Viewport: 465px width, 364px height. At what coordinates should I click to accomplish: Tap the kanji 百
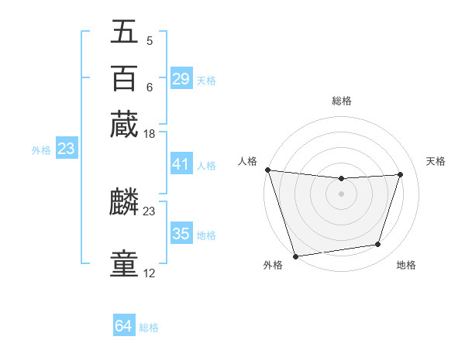[x=124, y=79]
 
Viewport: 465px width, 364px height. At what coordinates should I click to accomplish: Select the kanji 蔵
[x=124, y=124]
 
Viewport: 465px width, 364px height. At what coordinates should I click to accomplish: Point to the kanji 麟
[x=124, y=203]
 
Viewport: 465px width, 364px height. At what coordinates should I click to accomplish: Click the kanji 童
[x=124, y=264]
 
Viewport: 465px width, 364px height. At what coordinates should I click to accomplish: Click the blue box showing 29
[x=181, y=79]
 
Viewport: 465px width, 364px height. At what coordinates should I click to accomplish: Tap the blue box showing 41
[x=181, y=164]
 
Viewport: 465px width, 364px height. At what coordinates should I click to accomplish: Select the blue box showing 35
[x=181, y=234]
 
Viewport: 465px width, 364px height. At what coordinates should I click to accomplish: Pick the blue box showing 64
[x=124, y=326]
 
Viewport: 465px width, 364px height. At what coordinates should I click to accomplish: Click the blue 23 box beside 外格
[x=66, y=149]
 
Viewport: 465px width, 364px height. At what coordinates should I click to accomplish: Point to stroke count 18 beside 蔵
[x=150, y=135]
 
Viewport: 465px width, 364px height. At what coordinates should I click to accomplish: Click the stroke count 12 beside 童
[x=150, y=273]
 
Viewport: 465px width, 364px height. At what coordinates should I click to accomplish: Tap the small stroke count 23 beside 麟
[x=150, y=210]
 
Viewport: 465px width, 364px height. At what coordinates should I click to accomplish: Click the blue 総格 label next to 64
[x=149, y=328]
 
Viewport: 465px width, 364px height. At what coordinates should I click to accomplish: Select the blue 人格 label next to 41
[x=206, y=165]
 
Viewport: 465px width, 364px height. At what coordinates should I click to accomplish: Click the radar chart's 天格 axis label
[x=436, y=161]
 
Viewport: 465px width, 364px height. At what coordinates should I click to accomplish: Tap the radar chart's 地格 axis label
[x=406, y=265]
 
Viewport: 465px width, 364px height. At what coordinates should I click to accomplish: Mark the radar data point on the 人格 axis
[x=267, y=170]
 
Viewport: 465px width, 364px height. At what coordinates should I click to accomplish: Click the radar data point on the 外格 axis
[x=295, y=256]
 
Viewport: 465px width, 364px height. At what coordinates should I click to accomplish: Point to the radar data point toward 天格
[x=400, y=174]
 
